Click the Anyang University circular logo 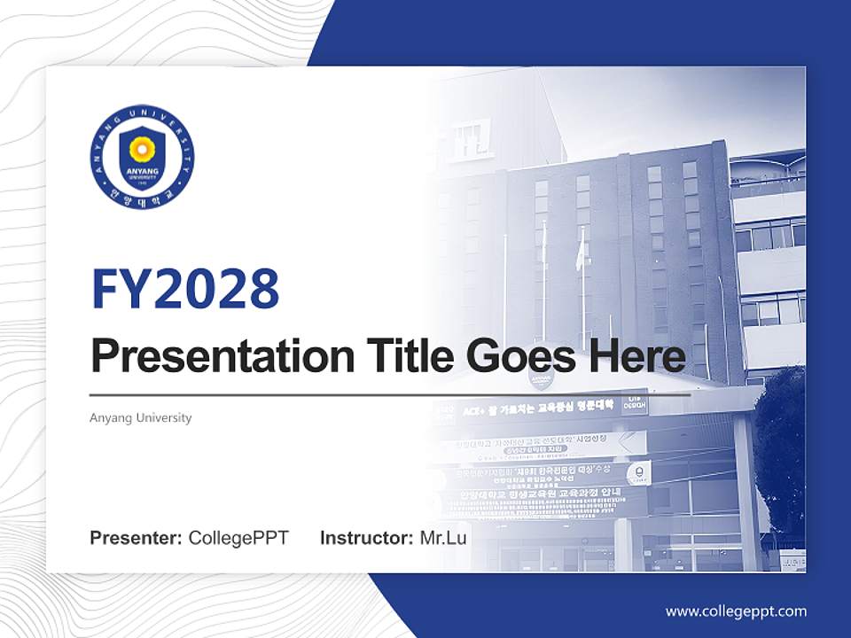click(x=142, y=158)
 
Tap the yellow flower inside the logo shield click(x=142, y=148)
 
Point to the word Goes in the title click(x=515, y=357)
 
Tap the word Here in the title click(x=636, y=357)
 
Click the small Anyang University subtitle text click(x=140, y=417)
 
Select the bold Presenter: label click(x=137, y=538)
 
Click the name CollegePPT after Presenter click(x=238, y=538)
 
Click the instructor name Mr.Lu click(x=443, y=538)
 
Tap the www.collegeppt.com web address click(x=736, y=611)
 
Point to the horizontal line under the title click(x=390, y=394)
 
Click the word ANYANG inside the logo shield click(x=142, y=168)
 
